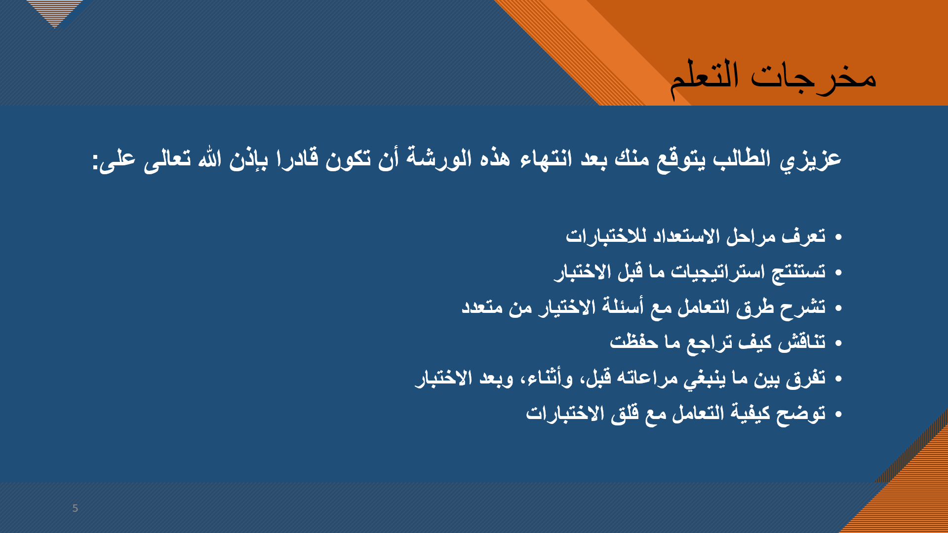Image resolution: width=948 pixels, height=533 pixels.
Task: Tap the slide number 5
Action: click(75, 508)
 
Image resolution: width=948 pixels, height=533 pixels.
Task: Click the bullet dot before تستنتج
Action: click(838, 273)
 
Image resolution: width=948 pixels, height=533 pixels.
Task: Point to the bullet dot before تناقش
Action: click(838, 343)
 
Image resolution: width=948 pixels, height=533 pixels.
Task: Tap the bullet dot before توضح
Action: click(838, 414)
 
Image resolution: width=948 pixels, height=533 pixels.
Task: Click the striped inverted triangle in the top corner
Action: click(54, 12)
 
